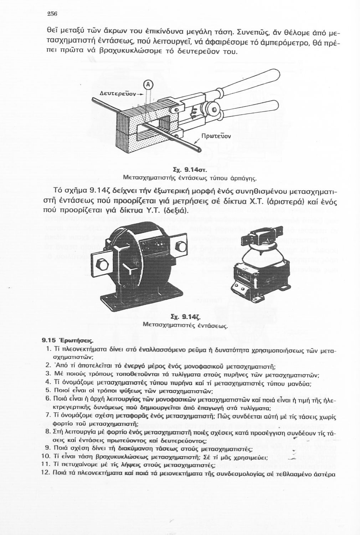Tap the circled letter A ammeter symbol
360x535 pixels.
point(148,85)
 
